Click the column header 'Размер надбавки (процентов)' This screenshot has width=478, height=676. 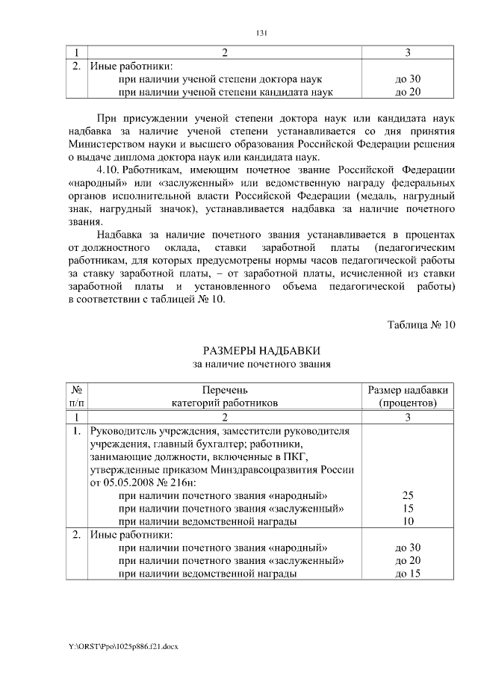(x=408, y=396)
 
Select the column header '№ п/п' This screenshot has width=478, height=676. (x=76, y=396)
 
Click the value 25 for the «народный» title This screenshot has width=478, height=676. (x=408, y=494)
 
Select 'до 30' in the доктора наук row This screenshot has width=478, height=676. (x=408, y=78)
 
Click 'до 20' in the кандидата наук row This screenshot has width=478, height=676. (x=408, y=92)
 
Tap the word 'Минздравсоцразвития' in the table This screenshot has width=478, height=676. (x=288, y=469)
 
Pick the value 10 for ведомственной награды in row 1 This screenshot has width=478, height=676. (x=408, y=521)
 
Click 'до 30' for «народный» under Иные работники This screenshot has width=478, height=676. (x=408, y=547)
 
